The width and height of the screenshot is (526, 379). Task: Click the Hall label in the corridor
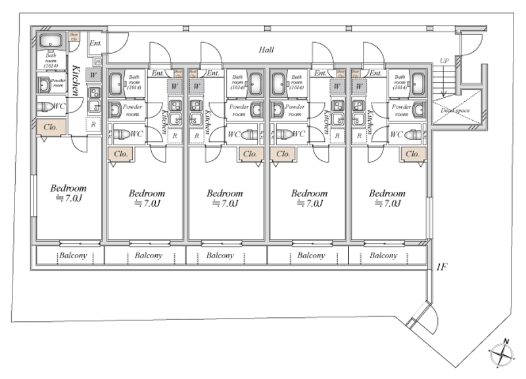[266, 49]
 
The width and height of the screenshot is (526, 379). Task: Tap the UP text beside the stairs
[444, 61]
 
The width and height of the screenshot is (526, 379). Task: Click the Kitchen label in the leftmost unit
[77, 80]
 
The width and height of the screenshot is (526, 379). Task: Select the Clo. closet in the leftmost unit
[51, 127]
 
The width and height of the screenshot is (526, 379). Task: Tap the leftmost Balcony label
[69, 255]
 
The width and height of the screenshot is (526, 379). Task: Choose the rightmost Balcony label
[383, 255]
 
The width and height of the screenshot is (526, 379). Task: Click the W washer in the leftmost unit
[93, 76]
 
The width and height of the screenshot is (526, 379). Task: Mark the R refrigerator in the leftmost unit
[93, 123]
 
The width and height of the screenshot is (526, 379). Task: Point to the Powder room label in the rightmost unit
[401, 110]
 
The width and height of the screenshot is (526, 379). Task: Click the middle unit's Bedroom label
[225, 198]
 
